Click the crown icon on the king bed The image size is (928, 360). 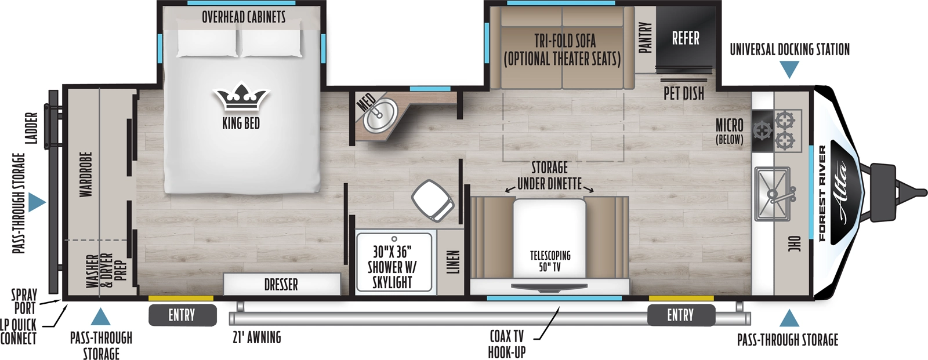241,99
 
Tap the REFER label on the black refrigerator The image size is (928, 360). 685,38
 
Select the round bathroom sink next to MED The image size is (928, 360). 380,114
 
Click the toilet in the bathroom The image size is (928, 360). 433,200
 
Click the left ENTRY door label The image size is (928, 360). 182,315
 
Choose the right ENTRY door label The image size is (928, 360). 680,315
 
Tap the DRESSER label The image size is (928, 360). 281,285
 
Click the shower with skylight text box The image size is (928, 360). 393,267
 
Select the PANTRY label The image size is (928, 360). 645,38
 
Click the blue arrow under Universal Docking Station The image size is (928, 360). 789,70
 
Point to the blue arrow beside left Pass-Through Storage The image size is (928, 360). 36,202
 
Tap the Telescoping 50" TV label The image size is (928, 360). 550,261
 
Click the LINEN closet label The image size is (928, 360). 453,262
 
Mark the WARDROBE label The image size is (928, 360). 86,174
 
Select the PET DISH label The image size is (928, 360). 683,93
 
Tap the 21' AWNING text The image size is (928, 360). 256,337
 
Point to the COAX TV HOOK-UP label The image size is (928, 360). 507,344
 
